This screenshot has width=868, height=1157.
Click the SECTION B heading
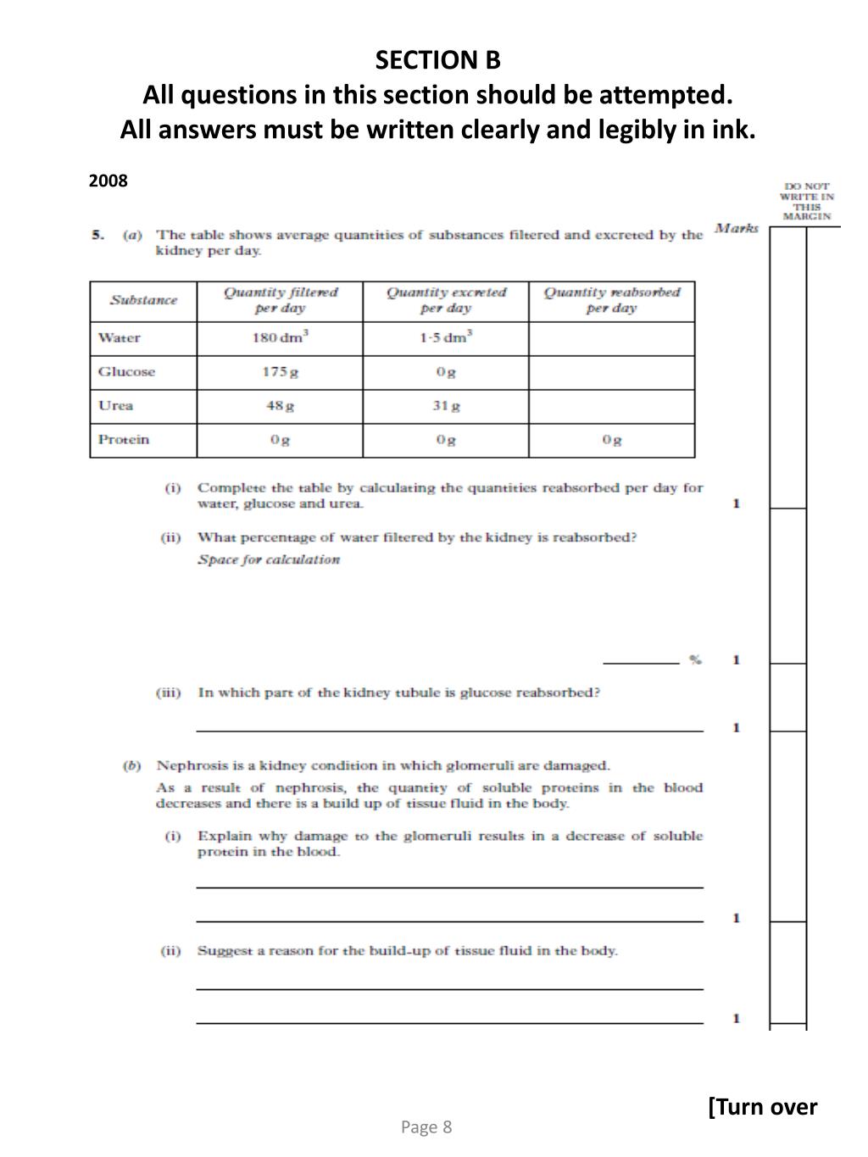coord(438,60)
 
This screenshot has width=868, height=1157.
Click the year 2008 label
coord(108,181)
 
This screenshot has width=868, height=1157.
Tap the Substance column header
coord(143,301)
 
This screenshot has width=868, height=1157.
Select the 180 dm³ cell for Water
coord(280,338)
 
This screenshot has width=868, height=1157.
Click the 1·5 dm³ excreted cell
coord(445,338)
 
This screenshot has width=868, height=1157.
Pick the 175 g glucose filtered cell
coord(280,372)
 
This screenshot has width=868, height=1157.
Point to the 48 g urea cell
coord(280,406)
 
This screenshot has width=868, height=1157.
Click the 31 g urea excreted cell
coord(446,406)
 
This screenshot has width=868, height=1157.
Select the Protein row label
coord(124,439)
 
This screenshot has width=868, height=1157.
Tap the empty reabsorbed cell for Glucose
coord(611,372)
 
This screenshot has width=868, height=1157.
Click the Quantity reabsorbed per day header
coord(611,300)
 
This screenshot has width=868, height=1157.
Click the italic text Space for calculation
coord(269,559)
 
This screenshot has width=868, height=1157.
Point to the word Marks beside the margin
coord(737,228)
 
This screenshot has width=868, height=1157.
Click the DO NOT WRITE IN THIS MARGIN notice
coord(806,201)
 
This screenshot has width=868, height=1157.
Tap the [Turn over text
coord(762,1107)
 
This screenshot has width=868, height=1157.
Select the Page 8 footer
coord(426,1126)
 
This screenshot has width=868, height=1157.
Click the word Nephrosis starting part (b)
coord(188,765)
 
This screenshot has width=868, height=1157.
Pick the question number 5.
coord(98,235)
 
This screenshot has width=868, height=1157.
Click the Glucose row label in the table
coord(126,372)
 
